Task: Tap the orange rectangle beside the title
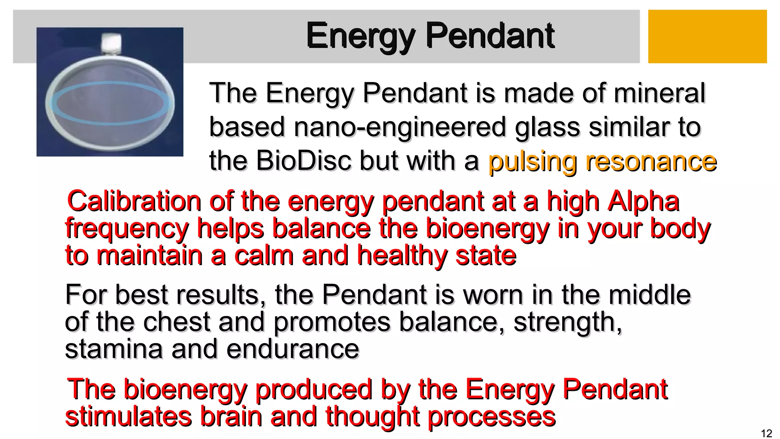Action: coord(707,37)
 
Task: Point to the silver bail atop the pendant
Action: coord(112,43)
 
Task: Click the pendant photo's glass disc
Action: coord(110,103)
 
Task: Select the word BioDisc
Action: coord(304,161)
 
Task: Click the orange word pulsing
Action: coord(532,162)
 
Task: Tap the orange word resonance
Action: coord(651,162)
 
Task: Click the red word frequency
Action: coord(127,229)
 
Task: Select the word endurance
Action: coord(293,349)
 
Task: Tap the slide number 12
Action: coord(766,433)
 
